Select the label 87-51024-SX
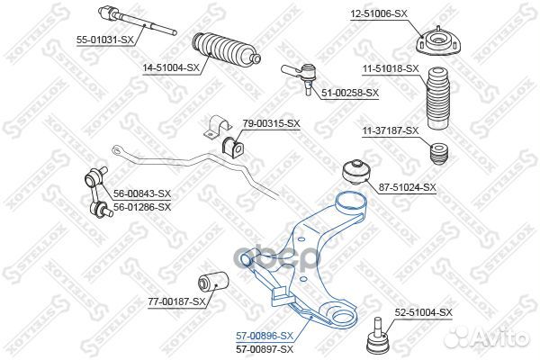407,187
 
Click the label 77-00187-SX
175,301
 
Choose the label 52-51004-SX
421,311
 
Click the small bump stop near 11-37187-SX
440,153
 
